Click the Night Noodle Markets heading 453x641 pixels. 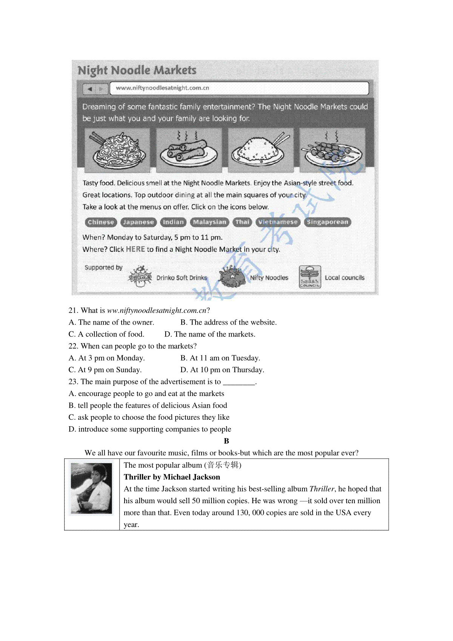pos(137,71)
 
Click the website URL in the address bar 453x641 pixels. pos(162,88)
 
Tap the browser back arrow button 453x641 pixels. pos(89,89)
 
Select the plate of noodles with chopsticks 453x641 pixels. pos(117,150)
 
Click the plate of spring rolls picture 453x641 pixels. pos(189,150)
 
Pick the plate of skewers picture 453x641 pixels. pos(332,150)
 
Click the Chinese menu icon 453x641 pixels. pos(101,222)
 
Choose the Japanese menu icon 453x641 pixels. pos(139,222)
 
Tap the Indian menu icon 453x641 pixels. pos(173,222)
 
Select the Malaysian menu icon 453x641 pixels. pos(210,222)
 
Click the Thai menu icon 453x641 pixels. pos(242,222)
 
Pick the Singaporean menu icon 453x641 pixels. pos(327,222)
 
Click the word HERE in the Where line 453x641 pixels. pos(136,250)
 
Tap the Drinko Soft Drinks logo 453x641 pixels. pos(140,277)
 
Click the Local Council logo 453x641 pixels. pos(310,277)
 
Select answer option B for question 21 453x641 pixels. pos(228,322)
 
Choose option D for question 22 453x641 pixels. pos(222,370)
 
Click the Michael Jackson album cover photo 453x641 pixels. pos(92,488)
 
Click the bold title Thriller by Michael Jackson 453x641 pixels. pos(172,477)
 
